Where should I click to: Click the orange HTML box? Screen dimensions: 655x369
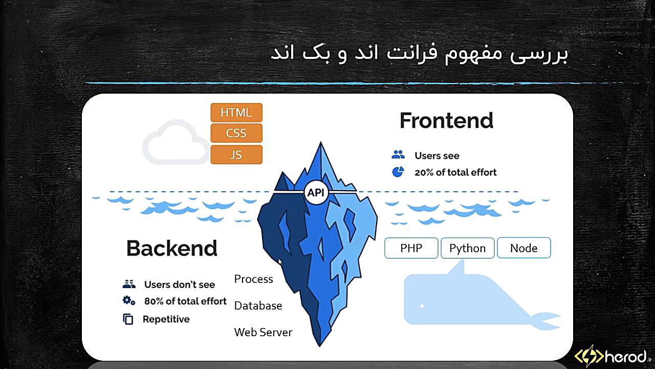coord(236,112)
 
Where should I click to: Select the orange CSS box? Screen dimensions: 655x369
coord(236,133)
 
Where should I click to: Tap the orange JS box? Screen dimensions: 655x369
coord(236,155)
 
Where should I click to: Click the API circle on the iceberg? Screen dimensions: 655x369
coord(316,192)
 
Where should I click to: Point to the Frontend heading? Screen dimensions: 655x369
coord(447,120)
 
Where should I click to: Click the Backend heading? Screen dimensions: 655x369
coord(172,249)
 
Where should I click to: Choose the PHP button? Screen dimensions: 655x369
coord(411,248)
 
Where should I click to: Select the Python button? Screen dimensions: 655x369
coord(468,248)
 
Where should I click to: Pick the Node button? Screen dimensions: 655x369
coord(523,248)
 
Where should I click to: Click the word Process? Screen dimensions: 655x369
coord(253,279)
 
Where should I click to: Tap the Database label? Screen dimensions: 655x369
coord(258,306)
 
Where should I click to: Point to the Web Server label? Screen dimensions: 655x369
coord(263,333)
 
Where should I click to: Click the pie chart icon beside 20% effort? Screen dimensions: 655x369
coord(398,172)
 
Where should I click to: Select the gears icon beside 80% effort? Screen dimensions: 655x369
coord(128,301)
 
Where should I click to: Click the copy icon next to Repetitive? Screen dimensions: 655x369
coord(128,319)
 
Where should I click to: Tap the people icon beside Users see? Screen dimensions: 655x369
coord(398,154)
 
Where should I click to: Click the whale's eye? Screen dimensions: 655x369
coord(422,306)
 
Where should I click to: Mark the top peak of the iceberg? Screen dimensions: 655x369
coord(321,142)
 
